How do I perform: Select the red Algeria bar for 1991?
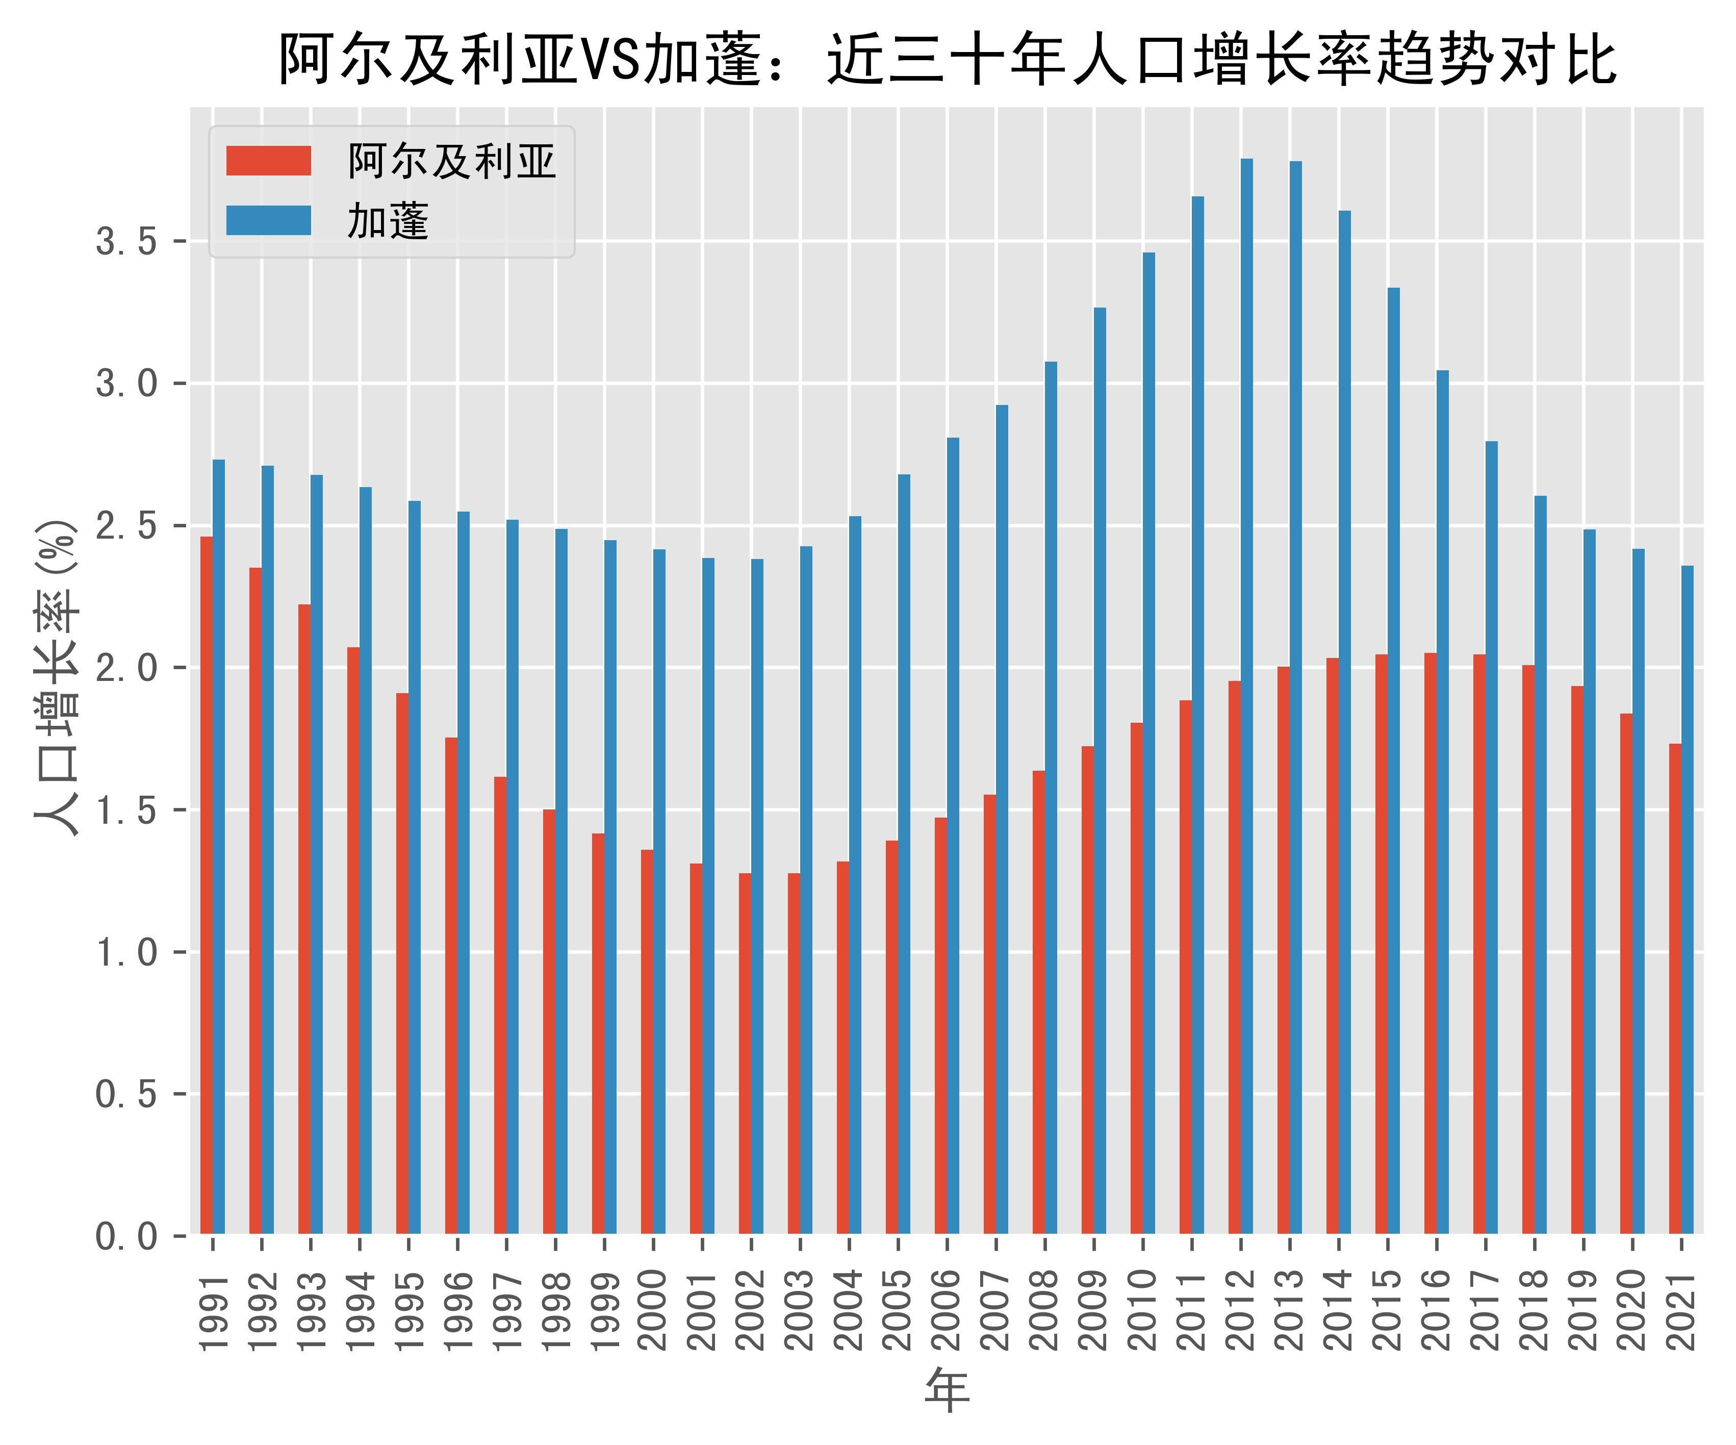pos(207,884)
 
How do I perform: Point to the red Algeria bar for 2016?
pos(1430,943)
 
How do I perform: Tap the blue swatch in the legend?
pos(269,221)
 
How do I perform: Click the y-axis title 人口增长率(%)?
pos(57,678)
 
